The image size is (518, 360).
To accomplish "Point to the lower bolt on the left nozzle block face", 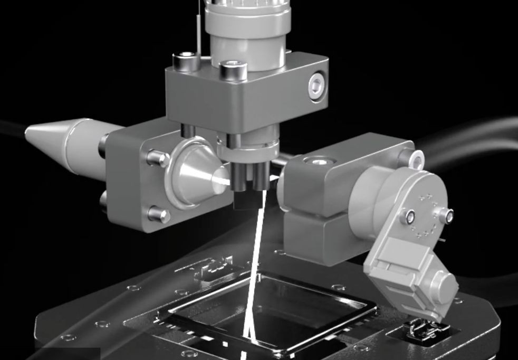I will [157, 214].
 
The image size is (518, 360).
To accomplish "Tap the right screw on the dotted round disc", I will [447, 215].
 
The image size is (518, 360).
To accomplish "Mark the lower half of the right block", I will [316, 238].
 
